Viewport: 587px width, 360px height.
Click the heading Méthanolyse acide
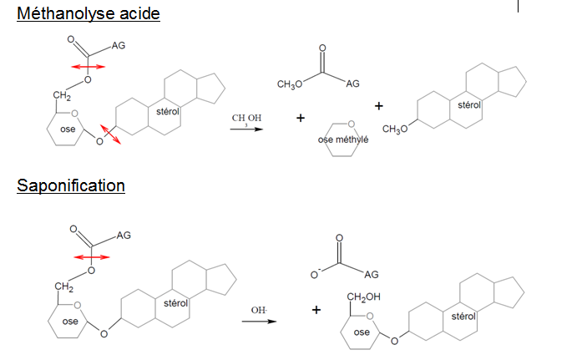pyautogui.click(x=89, y=14)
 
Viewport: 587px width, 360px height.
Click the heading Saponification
pyautogui.click(x=71, y=185)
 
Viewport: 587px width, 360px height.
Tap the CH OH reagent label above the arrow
pyautogui.click(x=246, y=119)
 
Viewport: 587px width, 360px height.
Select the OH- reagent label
pyautogui.click(x=259, y=311)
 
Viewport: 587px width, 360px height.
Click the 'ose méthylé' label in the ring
pyautogui.click(x=343, y=139)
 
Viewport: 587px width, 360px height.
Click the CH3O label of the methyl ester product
pyautogui.click(x=289, y=84)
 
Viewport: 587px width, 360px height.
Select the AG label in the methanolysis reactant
pyautogui.click(x=117, y=47)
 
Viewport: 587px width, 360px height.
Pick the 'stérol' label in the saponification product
pyautogui.click(x=463, y=317)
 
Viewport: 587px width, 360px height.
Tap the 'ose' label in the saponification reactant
pyautogui.click(x=70, y=321)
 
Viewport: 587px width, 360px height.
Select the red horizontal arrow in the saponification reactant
pyautogui.click(x=89, y=256)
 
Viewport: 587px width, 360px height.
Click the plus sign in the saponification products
pyautogui.click(x=316, y=310)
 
